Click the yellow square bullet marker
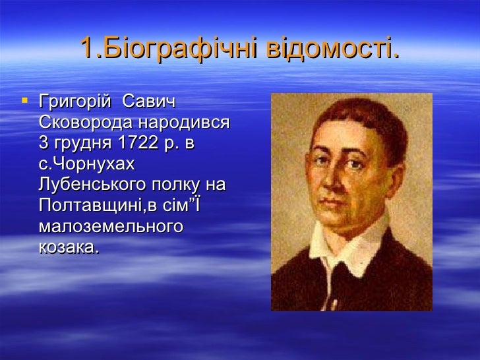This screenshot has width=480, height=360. coord(25,102)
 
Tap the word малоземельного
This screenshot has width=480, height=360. coord(110,227)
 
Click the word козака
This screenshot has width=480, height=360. coord(69,248)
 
